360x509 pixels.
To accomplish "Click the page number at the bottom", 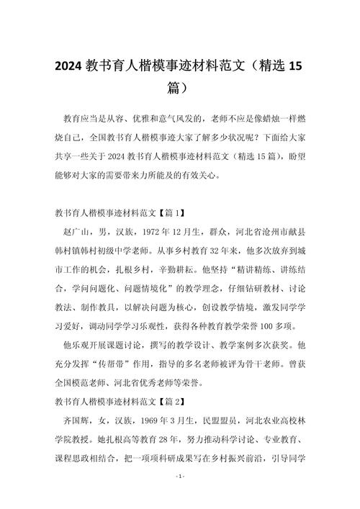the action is [x=180, y=497].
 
